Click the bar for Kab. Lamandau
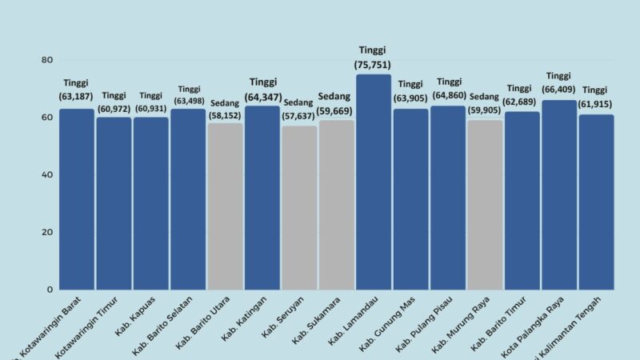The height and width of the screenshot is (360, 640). tap(374, 182)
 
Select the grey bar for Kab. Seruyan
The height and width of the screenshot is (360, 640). tap(299, 207)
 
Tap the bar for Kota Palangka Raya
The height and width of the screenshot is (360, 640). tap(559, 194)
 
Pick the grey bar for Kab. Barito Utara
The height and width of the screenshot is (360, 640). tap(226, 206)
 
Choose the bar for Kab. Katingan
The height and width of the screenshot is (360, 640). tap(262, 198)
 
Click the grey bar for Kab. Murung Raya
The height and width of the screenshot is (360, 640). tap(485, 204)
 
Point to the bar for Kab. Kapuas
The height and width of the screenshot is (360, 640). tap(150, 203)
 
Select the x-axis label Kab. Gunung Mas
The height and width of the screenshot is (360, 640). tap(398, 323)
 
